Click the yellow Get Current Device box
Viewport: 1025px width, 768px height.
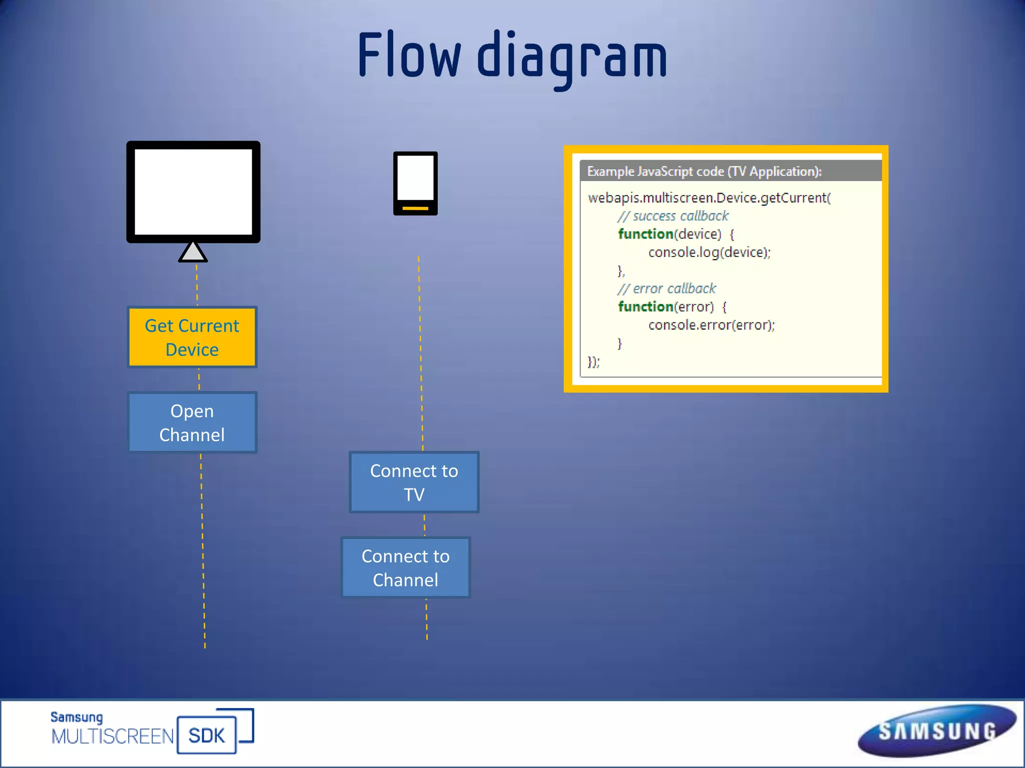pos(192,337)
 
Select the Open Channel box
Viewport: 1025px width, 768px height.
pos(192,422)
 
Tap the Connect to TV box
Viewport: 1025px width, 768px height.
pos(414,482)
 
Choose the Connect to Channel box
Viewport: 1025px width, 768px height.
pos(405,567)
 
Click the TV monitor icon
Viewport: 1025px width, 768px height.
pos(193,192)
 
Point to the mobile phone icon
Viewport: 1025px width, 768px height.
pos(415,183)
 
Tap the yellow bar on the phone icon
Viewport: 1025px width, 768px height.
pos(415,207)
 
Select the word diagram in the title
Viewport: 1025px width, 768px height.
pos(572,57)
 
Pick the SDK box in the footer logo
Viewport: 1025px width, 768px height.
pos(206,735)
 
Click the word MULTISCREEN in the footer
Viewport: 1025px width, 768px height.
pos(113,736)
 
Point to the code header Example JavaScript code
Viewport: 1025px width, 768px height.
pos(704,171)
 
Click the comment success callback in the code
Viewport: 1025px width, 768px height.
pos(673,216)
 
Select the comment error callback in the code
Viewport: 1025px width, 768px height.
pos(667,288)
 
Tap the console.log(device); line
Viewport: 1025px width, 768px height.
pos(709,252)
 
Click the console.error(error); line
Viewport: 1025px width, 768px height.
pos(711,325)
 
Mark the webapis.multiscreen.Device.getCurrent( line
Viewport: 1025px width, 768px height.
pos(709,198)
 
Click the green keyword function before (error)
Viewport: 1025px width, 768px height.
pos(646,306)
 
